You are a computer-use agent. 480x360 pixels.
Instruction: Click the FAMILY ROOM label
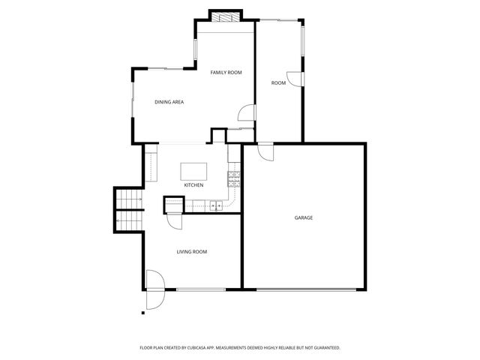(x=226, y=72)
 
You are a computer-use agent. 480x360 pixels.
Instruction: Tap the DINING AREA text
(x=169, y=102)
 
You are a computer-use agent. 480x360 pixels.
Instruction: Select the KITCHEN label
(x=193, y=185)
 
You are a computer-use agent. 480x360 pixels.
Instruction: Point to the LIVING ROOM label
(x=192, y=252)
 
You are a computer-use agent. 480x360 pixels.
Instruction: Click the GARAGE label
(x=303, y=217)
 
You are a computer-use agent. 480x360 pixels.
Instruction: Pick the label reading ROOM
(x=278, y=82)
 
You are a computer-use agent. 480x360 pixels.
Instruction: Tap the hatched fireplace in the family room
(x=225, y=16)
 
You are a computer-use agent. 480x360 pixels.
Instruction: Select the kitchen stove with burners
(x=233, y=178)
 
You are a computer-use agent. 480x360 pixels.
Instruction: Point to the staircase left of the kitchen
(x=127, y=208)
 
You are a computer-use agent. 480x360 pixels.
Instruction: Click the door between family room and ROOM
(x=245, y=112)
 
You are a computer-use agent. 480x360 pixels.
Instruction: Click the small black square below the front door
(x=142, y=312)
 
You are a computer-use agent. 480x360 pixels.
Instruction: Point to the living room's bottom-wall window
(x=201, y=289)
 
